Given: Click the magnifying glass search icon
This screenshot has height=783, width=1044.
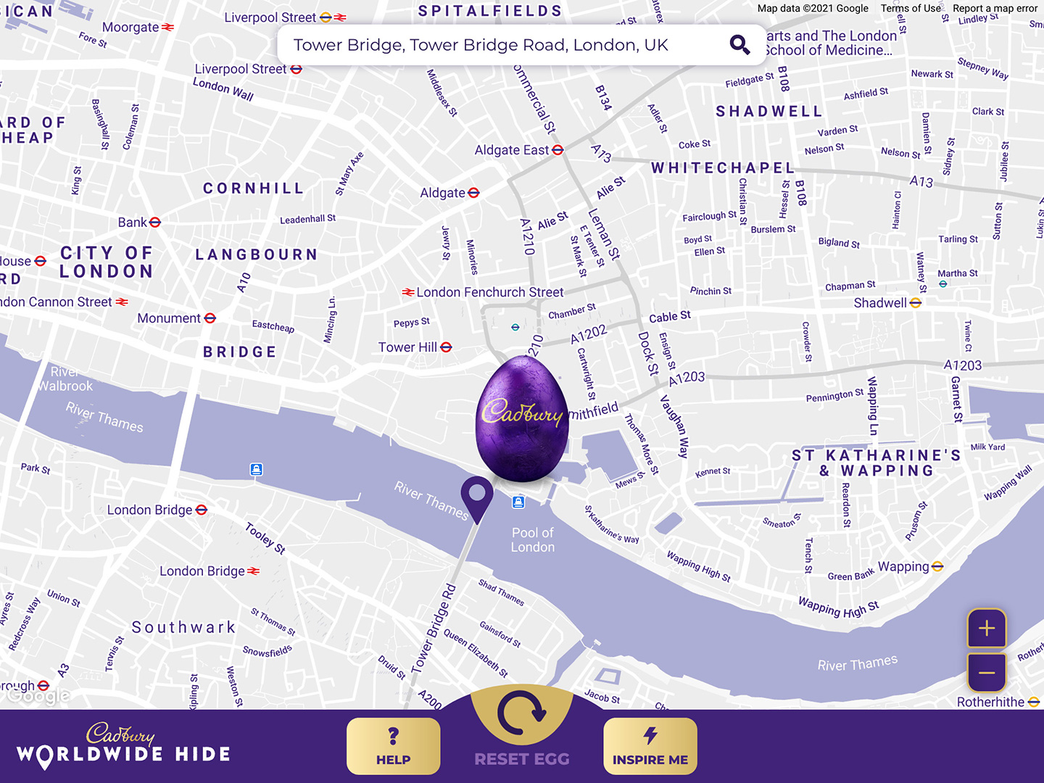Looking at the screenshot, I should point(739,45).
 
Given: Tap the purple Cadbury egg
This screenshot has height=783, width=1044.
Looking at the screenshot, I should point(522,419).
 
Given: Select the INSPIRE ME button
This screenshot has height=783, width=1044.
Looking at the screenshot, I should point(650,746).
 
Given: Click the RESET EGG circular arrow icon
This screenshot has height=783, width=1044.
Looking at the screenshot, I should point(522,714).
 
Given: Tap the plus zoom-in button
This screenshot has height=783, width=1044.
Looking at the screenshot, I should point(986,628).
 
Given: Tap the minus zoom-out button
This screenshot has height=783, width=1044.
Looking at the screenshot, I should point(986,673).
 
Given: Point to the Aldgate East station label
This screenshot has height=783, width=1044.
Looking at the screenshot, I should point(518,150).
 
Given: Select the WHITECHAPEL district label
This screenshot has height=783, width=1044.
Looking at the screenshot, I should point(723,168).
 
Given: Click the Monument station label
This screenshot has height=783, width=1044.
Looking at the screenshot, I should point(176,318).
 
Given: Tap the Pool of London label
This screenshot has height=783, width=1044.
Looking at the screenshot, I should point(532,540).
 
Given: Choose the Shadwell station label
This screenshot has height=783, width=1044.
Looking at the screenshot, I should point(887,303).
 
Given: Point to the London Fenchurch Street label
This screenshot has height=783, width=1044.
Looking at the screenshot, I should point(484,292).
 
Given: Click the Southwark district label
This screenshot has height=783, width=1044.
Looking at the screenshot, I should point(183,627).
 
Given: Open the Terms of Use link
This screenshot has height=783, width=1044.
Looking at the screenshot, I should point(911,9).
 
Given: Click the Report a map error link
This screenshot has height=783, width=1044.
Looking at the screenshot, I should point(995,9).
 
